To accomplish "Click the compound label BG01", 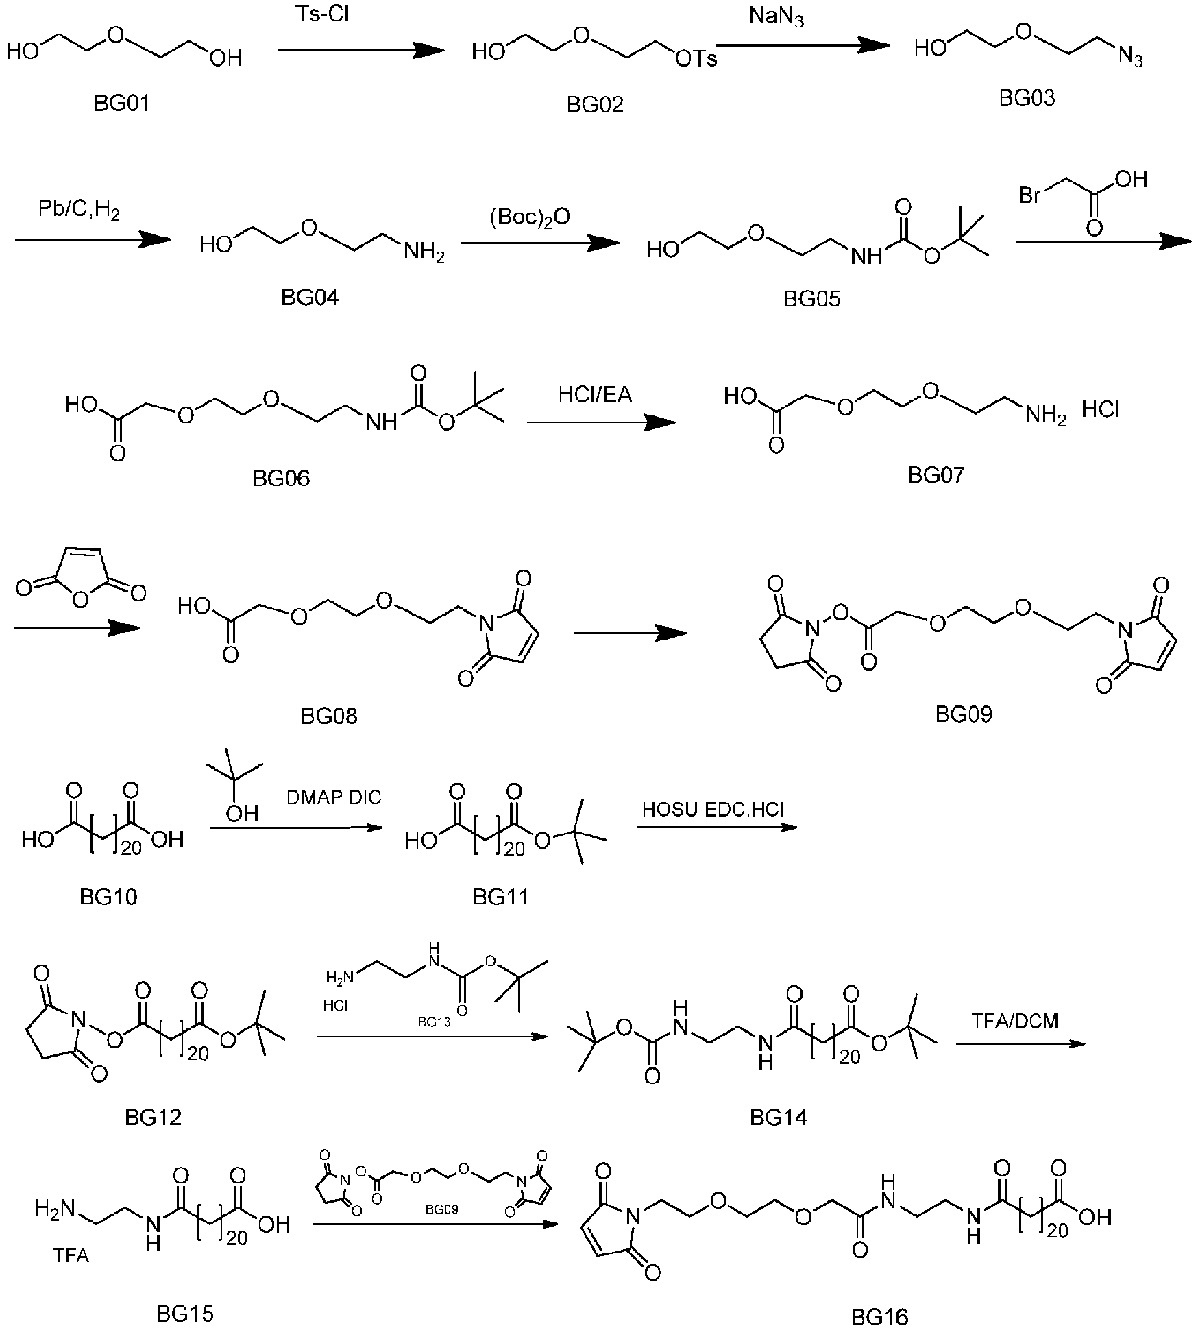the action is pos(121,104).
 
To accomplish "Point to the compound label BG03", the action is pos(1027,98).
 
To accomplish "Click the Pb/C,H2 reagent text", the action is pos(79,211).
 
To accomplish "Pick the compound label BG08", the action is pos(329,716).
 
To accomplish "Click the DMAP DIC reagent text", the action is pos(334,797).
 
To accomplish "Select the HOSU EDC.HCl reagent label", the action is pos(713,810).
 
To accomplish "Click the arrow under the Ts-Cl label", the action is pos(361,49).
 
